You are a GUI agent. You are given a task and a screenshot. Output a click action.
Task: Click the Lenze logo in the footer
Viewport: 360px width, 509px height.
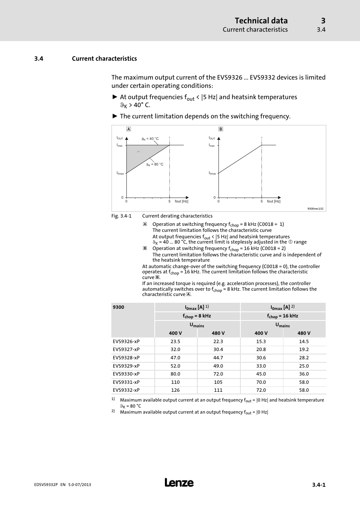pyautogui.click(x=179, y=483)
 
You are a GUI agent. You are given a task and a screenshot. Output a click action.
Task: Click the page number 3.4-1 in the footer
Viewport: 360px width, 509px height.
pyautogui.click(x=318, y=485)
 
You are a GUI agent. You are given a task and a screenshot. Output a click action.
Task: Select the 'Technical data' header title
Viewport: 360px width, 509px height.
pyautogui.click(x=261, y=21)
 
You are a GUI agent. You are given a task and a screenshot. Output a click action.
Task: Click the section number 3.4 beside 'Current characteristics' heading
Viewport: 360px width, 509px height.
pyautogui.click(x=38, y=58)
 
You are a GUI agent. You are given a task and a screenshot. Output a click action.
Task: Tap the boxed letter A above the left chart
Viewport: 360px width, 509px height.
pyautogui.click(x=129, y=129)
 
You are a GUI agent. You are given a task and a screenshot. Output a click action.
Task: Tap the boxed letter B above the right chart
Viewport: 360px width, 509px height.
pyautogui.click(x=221, y=129)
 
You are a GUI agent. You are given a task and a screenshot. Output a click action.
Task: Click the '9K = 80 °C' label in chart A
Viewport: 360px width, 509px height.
pyautogui.click(x=155, y=164)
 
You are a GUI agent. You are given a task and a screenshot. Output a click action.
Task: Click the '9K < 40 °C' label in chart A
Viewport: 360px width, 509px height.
pyautogui.click(x=150, y=139)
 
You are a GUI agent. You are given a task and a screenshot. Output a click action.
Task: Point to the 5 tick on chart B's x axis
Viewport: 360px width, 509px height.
pyautogui.click(x=262, y=201)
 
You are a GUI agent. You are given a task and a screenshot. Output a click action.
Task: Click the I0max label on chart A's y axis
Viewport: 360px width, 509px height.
pyautogui.click(x=120, y=173)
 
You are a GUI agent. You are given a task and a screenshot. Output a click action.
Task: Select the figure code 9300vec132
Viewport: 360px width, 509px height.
pyautogui.click(x=315, y=209)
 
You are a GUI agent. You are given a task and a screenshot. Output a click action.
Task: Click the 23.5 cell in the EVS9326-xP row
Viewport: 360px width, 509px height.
pyautogui.click(x=175, y=341)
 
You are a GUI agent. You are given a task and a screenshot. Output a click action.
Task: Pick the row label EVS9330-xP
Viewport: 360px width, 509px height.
pyautogui.click(x=126, y=374)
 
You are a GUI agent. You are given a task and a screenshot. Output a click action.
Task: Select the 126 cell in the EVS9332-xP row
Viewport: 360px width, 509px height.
pyautogui.click(x=175, y=390)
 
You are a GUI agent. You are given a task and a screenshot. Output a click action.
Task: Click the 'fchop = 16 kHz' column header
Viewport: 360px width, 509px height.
pyautogui.click(x=283, y=316)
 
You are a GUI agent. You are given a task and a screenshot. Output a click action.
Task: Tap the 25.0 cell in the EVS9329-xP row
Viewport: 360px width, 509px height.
pyautogui.click(x=304, y=366)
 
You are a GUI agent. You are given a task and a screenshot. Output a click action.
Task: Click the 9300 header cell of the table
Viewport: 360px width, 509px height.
pyautogui.click(x=118, y=307)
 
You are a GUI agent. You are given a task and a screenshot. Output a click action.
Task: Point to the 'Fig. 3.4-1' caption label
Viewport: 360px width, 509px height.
pyautogui.click(x=121, y=216)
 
